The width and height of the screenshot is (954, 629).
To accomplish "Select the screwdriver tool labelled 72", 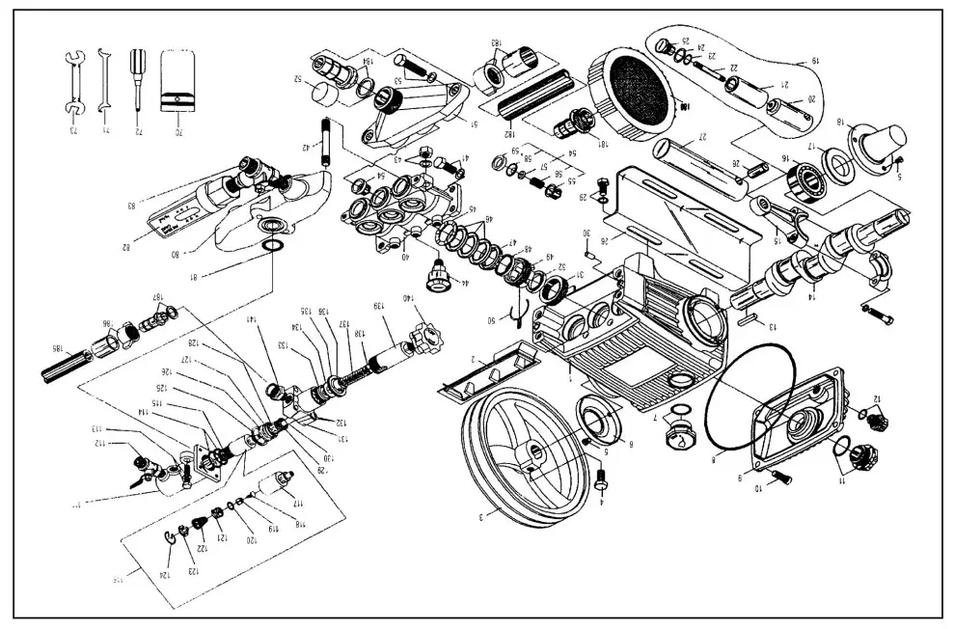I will click(x=135, y=82).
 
